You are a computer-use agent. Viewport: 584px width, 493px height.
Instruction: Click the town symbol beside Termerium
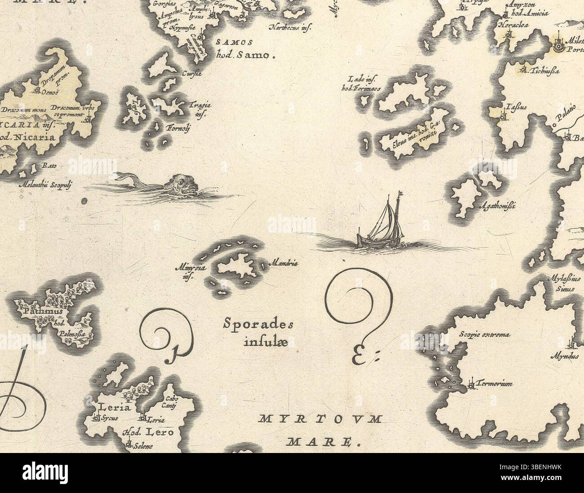point(471,384)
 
